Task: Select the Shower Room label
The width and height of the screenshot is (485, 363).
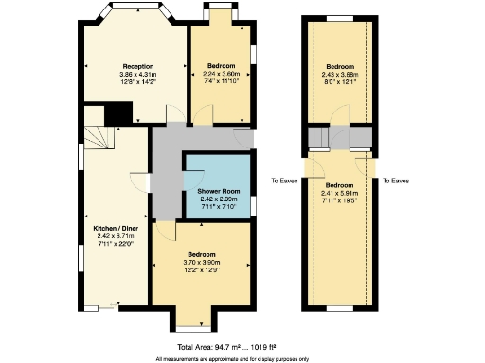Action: click(x=217, y=192)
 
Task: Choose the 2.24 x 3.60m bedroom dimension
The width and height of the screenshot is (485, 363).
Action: click(x=224, y=74)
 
